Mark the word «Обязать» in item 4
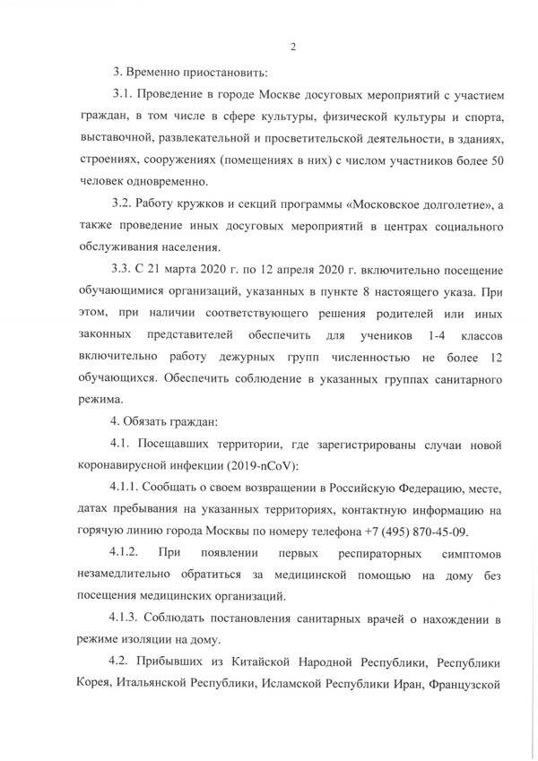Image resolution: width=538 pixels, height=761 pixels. click(x=153, y=419)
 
